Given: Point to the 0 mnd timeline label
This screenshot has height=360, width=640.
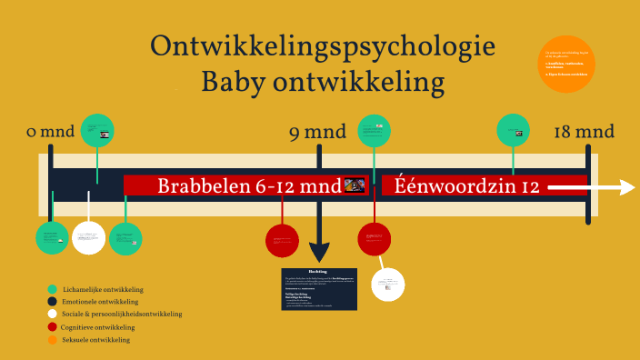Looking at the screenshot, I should (x=50, y=133).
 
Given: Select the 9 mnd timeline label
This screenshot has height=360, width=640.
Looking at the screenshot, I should (x=317, y=133).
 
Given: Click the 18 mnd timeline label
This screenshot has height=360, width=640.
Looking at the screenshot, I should (x=584, y=133).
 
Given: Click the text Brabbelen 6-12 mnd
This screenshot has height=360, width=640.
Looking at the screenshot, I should (x=249, y=186).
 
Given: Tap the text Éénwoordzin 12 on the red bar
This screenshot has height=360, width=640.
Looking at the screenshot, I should (x=461, y=186).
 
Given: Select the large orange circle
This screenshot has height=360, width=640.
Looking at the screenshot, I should (x=566, y=64).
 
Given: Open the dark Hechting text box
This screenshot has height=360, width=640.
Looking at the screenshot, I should (x=318, y=289).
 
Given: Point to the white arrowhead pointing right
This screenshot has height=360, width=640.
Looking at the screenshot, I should (x=626, y=186).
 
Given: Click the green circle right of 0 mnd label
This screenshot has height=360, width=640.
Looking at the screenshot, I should (x=97, y=130).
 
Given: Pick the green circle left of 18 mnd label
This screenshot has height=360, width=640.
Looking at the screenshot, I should (x=513, y=129).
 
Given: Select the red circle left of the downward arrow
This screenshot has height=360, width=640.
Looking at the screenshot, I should (x=282, y=240).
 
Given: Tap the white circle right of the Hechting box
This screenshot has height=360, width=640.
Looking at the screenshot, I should (x=388, y=285).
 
